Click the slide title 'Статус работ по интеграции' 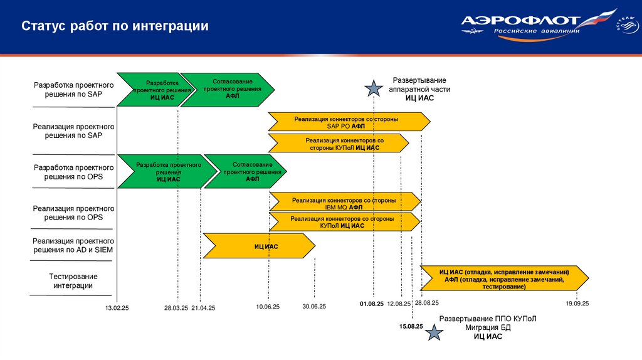coord(115,26)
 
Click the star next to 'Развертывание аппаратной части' coord(374,89)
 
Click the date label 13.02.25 coord(117,307)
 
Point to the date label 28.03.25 coord(176,307)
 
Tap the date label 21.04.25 coord(203,307)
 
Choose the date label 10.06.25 coord(268,307)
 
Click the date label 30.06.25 coord(314,307)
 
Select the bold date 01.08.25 coord(372,304)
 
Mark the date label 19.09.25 coord(577,304)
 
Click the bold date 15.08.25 coord(411,326)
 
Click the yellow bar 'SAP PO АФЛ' coord(349,122)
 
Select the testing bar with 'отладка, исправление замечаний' coord(504,278)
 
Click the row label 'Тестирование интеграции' coord(73,281)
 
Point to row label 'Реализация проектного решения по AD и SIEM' coord(73,245)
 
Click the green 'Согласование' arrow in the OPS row coord(246,171)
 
